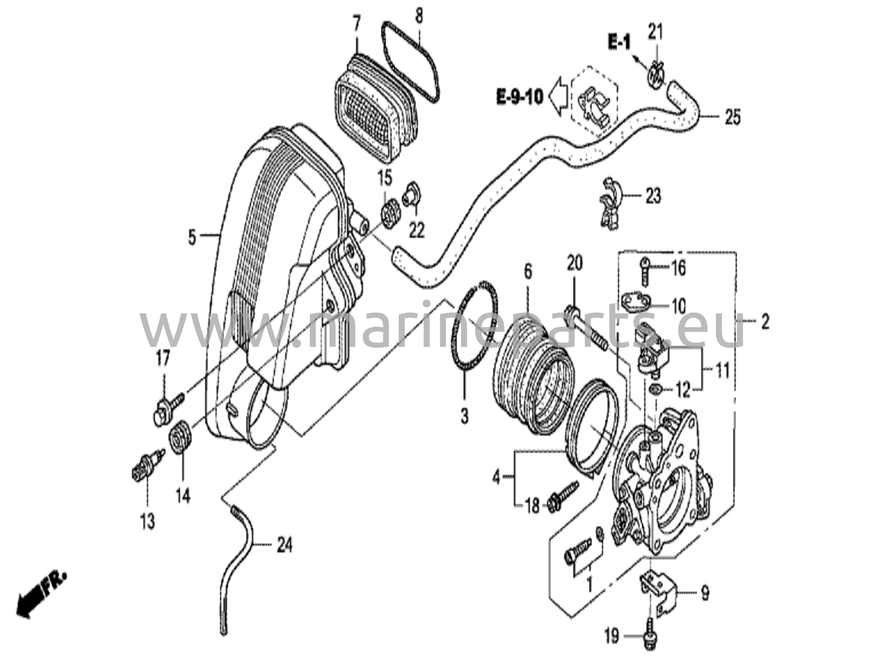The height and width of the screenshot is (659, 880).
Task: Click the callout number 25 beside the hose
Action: pos(733,117)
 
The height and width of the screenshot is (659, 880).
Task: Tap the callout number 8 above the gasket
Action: pos(419,16)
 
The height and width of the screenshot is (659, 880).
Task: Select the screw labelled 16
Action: pos(645,271)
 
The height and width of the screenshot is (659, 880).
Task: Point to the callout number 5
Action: pos(192,237)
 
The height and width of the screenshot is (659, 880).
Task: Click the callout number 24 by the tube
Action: pos(285,546)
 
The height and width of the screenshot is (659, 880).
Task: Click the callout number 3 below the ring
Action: pos(464,416)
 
